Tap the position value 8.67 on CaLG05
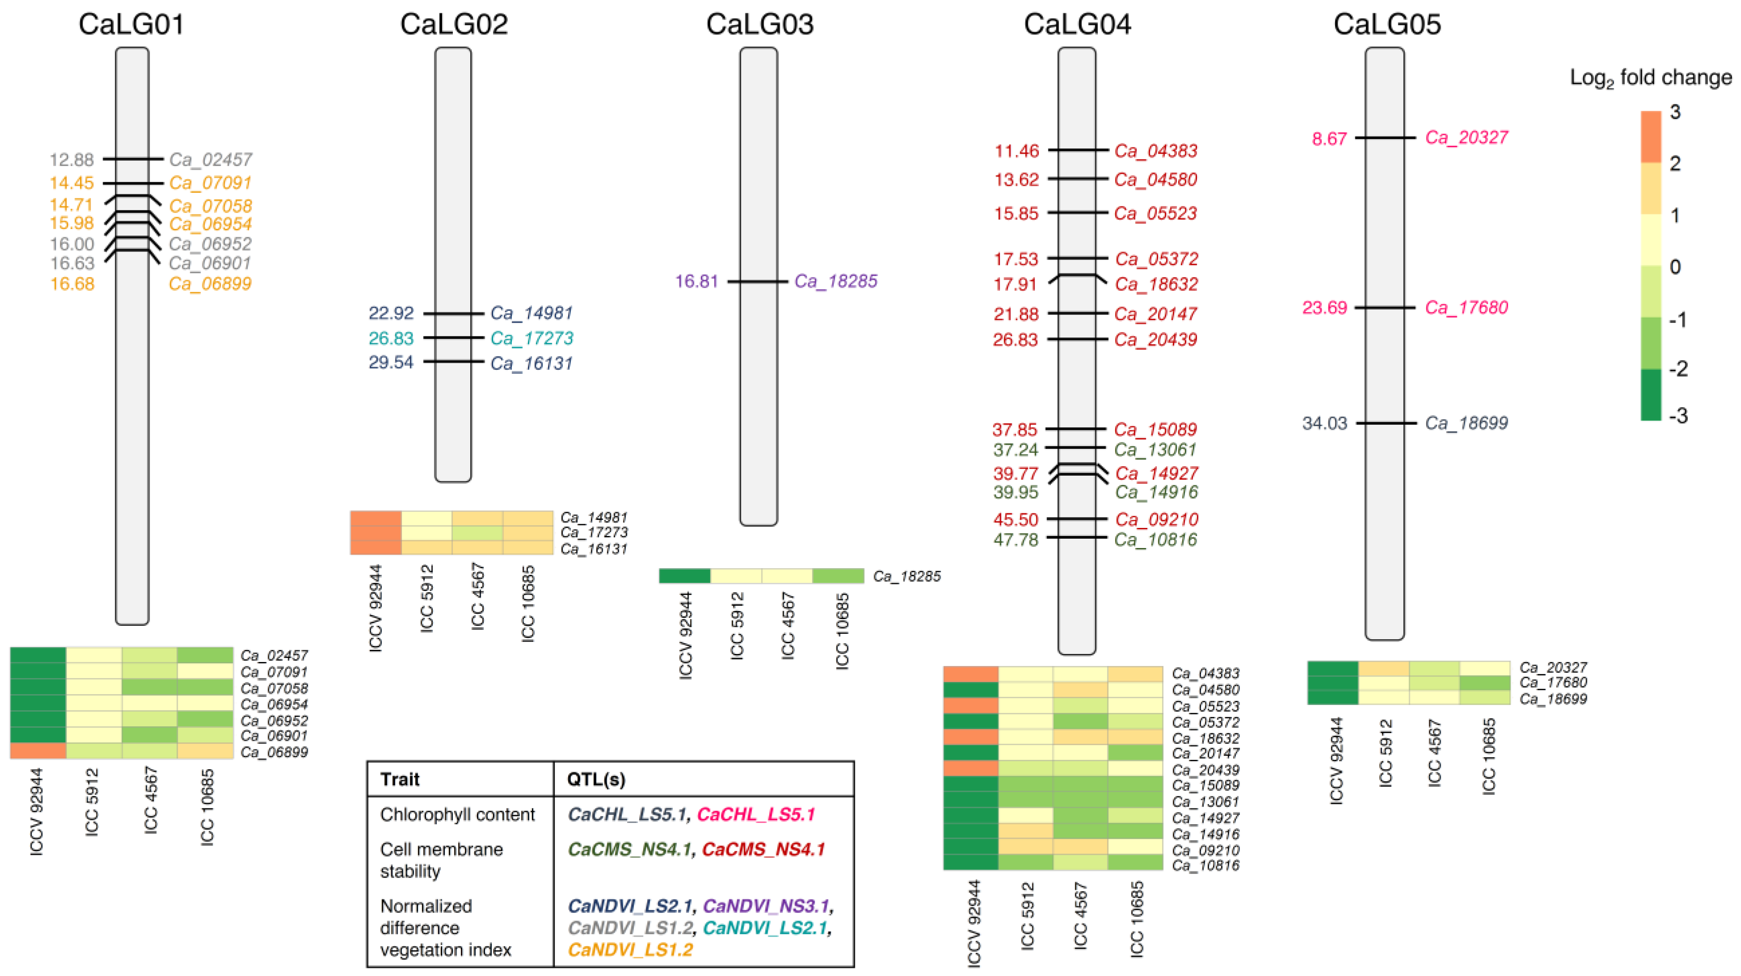(x=1329, y=138)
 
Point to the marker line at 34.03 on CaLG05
(x=1385, y=423)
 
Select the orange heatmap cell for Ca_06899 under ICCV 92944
(x=38, y=751)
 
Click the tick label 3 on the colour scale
(x=1675, y=112)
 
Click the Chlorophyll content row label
(x=457, y=814)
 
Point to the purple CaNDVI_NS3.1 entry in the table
(x=766, y=906)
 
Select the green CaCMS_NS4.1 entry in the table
(x=628, y=850)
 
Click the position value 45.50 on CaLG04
(x=1015, y=520)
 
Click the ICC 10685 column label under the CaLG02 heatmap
(x=528, y=603)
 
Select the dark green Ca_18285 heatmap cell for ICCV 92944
(x=685, y=576)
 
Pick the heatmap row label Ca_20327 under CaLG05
(x=1553, y=668)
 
